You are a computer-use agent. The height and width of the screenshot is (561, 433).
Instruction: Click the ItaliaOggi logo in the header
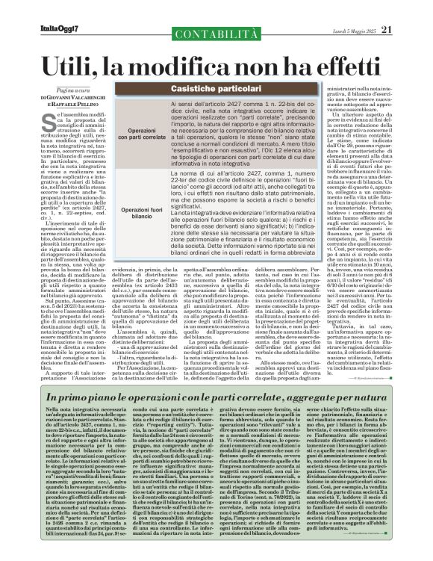coord(42,10)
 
